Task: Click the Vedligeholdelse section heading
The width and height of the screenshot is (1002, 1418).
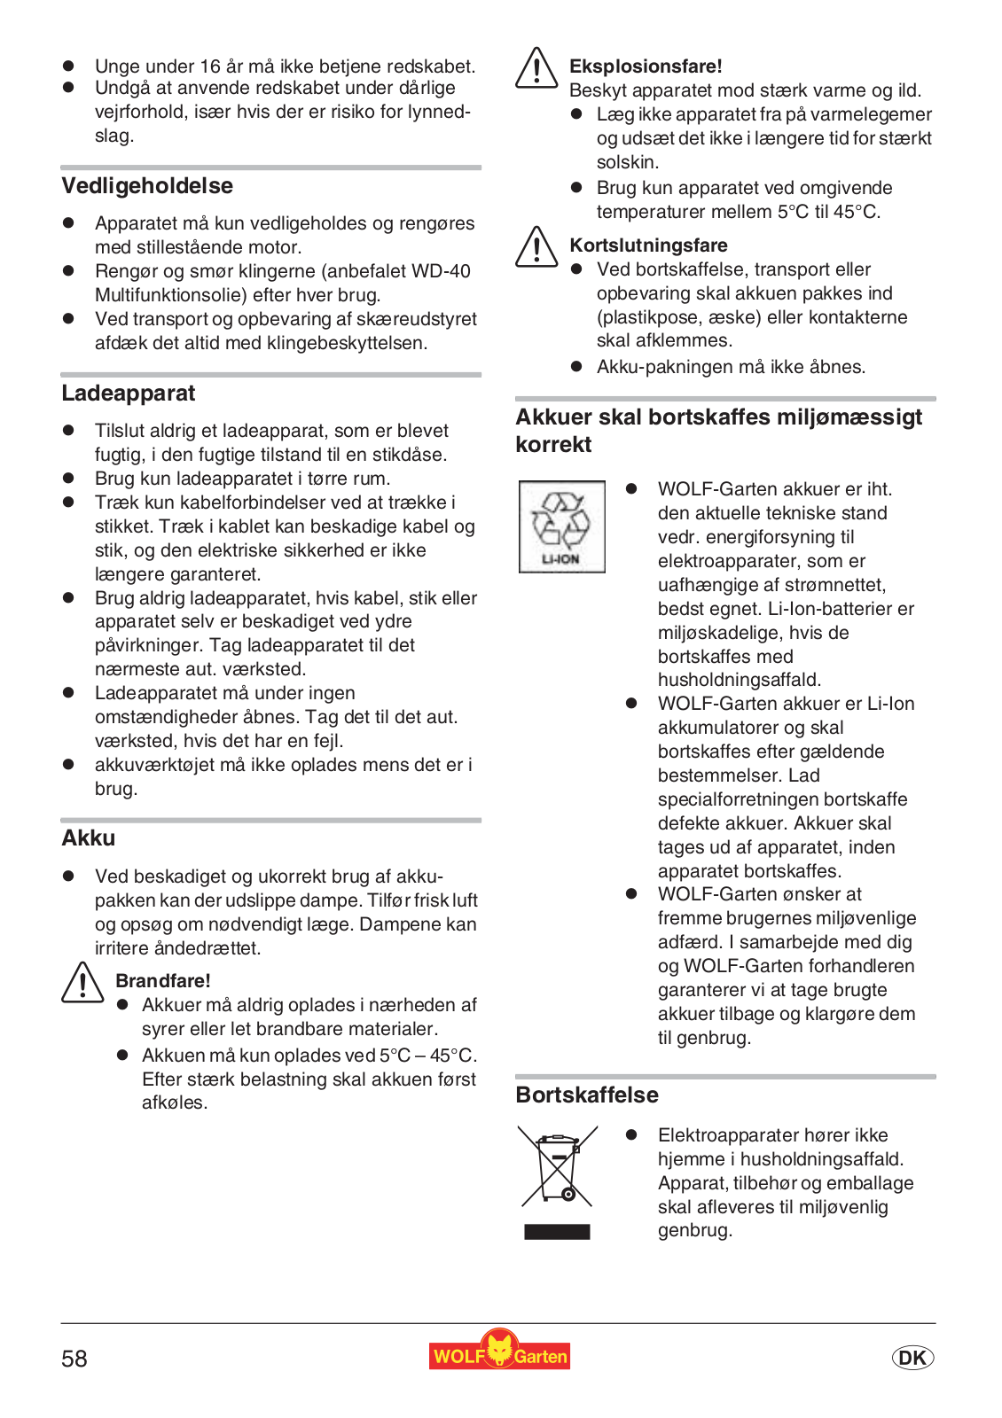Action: pyautogui.click(x=147, y=186)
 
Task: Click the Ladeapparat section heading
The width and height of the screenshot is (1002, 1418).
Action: pyautogui.click(x=129, y=393)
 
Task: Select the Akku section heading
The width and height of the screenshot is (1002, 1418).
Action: pyautogui.click(x=89, y=838)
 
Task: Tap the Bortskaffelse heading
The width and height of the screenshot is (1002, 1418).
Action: pyautogui.click(x=587, y=1095)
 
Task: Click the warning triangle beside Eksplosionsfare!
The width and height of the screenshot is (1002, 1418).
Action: pyautogui.click(x=536, y=69)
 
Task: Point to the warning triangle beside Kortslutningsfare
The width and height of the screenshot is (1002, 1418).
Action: pyautogui.click(x=536, y=247)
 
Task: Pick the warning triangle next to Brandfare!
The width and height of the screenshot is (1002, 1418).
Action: pyautogui.click(x=82, y=984)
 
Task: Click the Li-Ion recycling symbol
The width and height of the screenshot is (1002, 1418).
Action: pyautogui.click(x=561, y=526)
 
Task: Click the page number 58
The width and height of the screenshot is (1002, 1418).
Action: pyautogui.click(x=74, y=1360)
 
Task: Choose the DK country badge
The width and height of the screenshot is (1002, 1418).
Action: pyautogui.click(x=912, y=1358)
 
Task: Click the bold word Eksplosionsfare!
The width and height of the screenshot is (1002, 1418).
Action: pyautogui.click(x=646, y=66)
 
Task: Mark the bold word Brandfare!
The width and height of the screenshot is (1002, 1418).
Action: pyautogui.click(x=163, y=981)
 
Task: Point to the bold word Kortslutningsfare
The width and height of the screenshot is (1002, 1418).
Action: pyautogui.click(x=648, y=245)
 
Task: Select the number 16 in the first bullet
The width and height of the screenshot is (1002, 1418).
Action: pyautogui.click(x=210, y=66)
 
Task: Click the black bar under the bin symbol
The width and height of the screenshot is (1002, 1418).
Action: pyautogui.click(x=557, y=1232)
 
